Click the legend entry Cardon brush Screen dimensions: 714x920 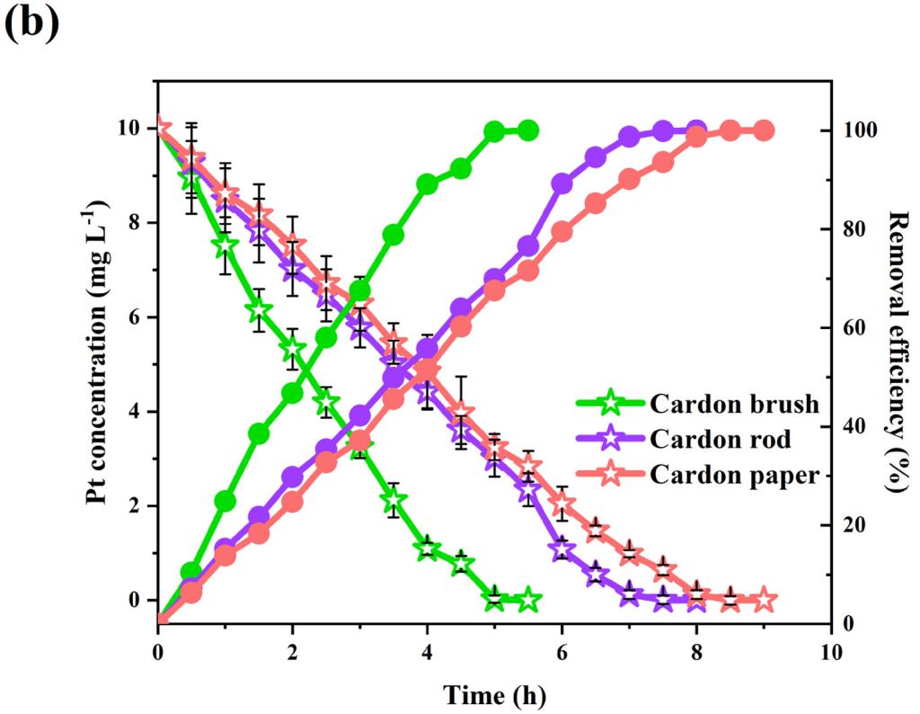735,403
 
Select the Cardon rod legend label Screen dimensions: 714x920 722,440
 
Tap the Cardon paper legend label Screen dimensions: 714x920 735,476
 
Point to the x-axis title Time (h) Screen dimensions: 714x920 493,693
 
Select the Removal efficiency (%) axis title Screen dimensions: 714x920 896,350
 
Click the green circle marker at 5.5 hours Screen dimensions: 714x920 528,130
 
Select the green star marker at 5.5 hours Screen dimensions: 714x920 528,599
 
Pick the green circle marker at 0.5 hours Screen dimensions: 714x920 190,572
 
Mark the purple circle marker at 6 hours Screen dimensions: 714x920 562,183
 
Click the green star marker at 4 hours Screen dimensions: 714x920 427,548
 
